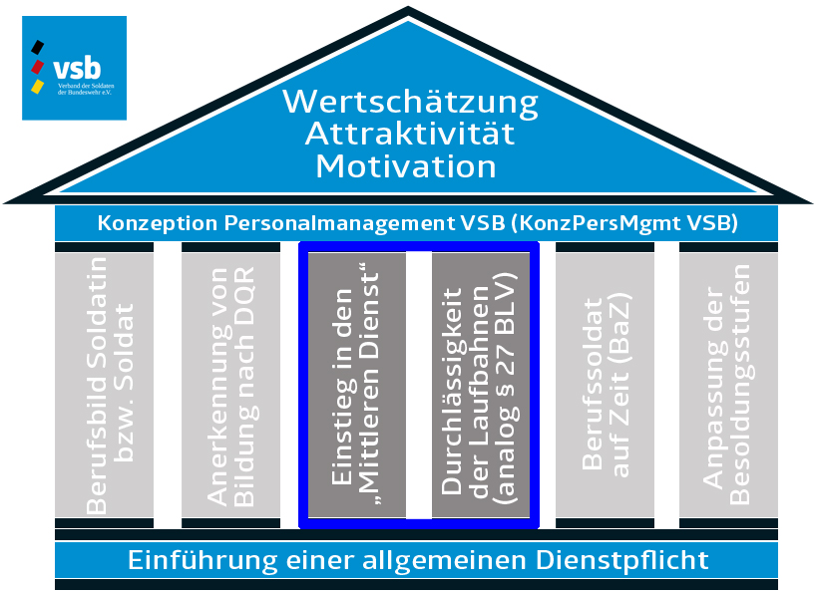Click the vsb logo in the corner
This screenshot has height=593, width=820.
point(74,68)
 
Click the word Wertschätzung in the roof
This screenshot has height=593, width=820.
point(410,102)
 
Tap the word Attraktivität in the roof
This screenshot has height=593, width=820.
point(410,133)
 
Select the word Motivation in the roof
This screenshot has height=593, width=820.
point(406,164)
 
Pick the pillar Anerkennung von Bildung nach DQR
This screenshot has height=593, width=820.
point(230,385)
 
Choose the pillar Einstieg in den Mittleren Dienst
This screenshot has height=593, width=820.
point(357,385)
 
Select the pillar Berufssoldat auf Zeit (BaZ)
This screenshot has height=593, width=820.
point(606,385)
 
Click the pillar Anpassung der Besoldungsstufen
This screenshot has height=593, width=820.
point(727,385)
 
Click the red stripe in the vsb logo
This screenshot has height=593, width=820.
point(38,66)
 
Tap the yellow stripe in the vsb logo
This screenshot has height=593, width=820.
point(38,86)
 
